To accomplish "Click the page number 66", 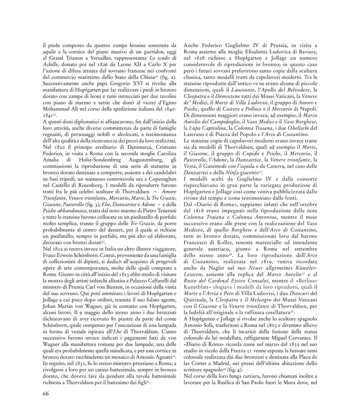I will coord(46,393).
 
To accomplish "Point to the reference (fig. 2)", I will coord(169,77).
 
